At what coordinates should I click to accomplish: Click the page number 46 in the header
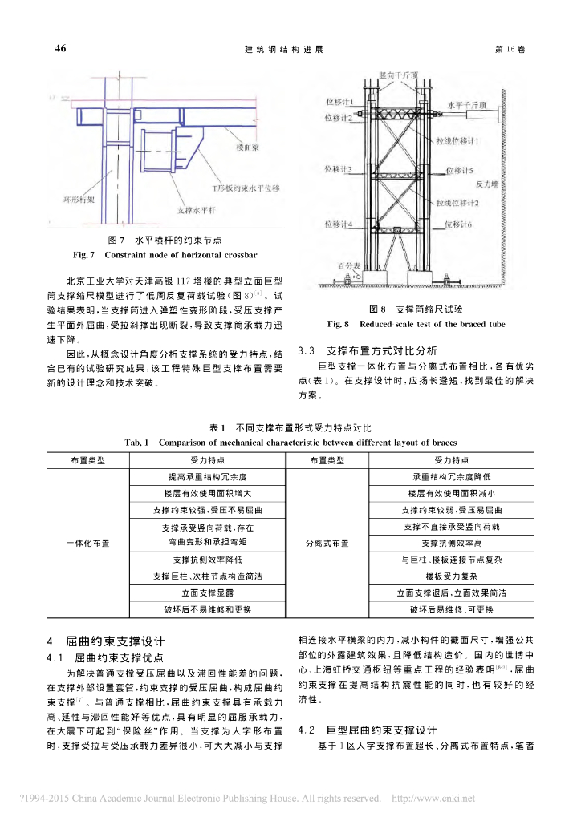(60, 49)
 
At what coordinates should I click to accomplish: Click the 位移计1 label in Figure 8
(339, 103)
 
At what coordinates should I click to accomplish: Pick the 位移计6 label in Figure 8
(458, 224)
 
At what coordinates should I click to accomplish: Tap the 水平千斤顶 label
(465, 104)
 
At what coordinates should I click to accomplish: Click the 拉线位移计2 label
(457, 204)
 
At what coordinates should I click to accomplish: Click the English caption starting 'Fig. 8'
(415, 325)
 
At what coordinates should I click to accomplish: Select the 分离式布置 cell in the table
(327, 543)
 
